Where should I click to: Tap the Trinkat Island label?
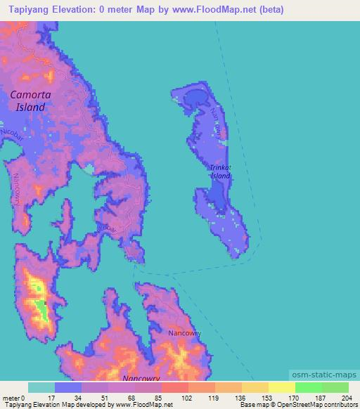pyautogui.click(x=220, y=172)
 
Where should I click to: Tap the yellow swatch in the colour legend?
pyautogui.click(x=281, y=387)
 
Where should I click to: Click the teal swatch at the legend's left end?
pyautogui.click(x=41, y=387)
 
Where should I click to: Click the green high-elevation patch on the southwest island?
pyautogui.click(x=41, y=309)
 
